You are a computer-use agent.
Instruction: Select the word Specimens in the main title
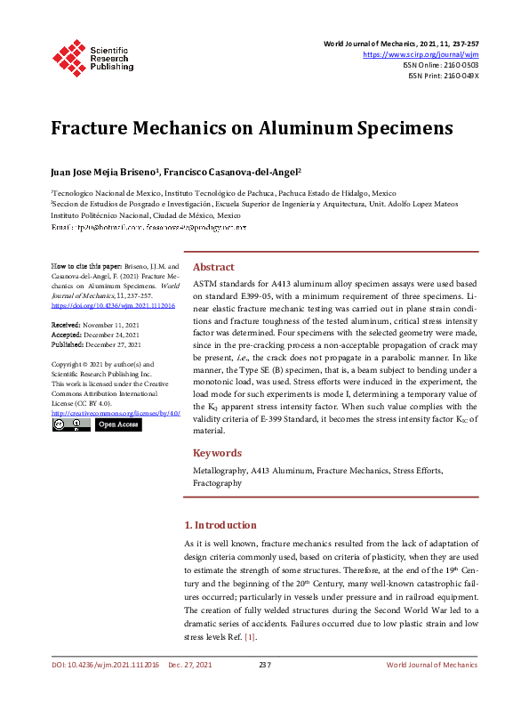pyautogui.click(x=401, y=128)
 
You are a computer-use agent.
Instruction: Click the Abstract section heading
pyautogui.click(x=213, y=267)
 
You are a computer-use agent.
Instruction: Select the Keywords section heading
pyautogui.click(x=217, y=452)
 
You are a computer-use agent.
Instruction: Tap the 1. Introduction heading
pyautogui.click(x=220, y=525)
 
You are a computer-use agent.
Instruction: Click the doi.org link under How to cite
pyautogui.click(x=113, y=305)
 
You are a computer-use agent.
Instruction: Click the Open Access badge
pyautogui.click(x=118, y=425)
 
